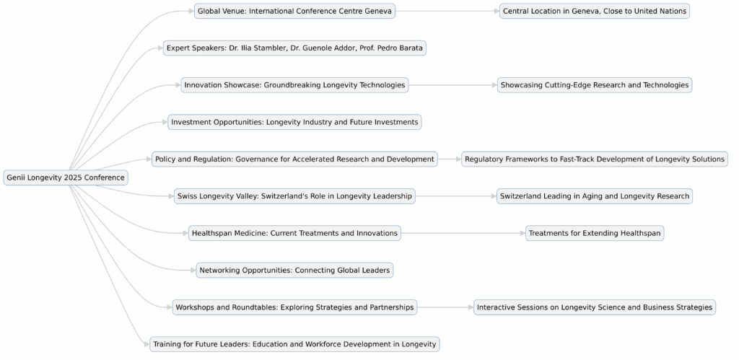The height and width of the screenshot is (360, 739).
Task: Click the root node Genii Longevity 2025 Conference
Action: click(x=66, y=177)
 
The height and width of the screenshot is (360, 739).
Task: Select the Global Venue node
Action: click(x=294, y=11)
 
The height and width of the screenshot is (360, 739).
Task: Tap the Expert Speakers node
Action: click(x=294, y=48)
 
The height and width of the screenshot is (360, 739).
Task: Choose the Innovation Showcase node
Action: click(x=294, y=85)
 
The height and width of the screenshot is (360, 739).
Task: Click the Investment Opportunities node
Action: click(x=294, y=122)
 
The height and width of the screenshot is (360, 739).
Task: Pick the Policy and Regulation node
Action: click(x=294, y=159)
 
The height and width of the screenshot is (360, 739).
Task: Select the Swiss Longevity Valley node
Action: click(x=294, y=196)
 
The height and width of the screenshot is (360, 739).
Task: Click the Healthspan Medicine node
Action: click(x=294, y=233)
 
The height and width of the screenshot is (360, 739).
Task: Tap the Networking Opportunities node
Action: click(x=294, y=270)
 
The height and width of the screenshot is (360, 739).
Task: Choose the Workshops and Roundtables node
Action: click(x=294, y=307)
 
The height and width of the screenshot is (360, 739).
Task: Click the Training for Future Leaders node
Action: click(x=294, y=344)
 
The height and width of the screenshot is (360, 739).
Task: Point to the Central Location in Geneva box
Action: click(x=594, y=11)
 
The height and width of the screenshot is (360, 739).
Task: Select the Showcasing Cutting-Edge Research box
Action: click(x=594, y=85)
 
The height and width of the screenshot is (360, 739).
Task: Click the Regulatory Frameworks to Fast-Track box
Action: click(x=594, y=159)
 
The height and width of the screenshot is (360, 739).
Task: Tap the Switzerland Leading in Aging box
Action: click(x=594, y=196)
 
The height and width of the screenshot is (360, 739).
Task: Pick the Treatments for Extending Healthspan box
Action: click(x=594, y=233)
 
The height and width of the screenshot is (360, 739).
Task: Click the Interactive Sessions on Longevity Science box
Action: click(x=594, y=307)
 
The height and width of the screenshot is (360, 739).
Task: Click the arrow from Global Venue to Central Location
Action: click(x=447, y=11)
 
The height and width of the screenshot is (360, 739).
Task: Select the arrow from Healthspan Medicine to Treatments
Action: click(x=463, y=233)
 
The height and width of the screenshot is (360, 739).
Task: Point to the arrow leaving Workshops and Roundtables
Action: click(x=445, y=307)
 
